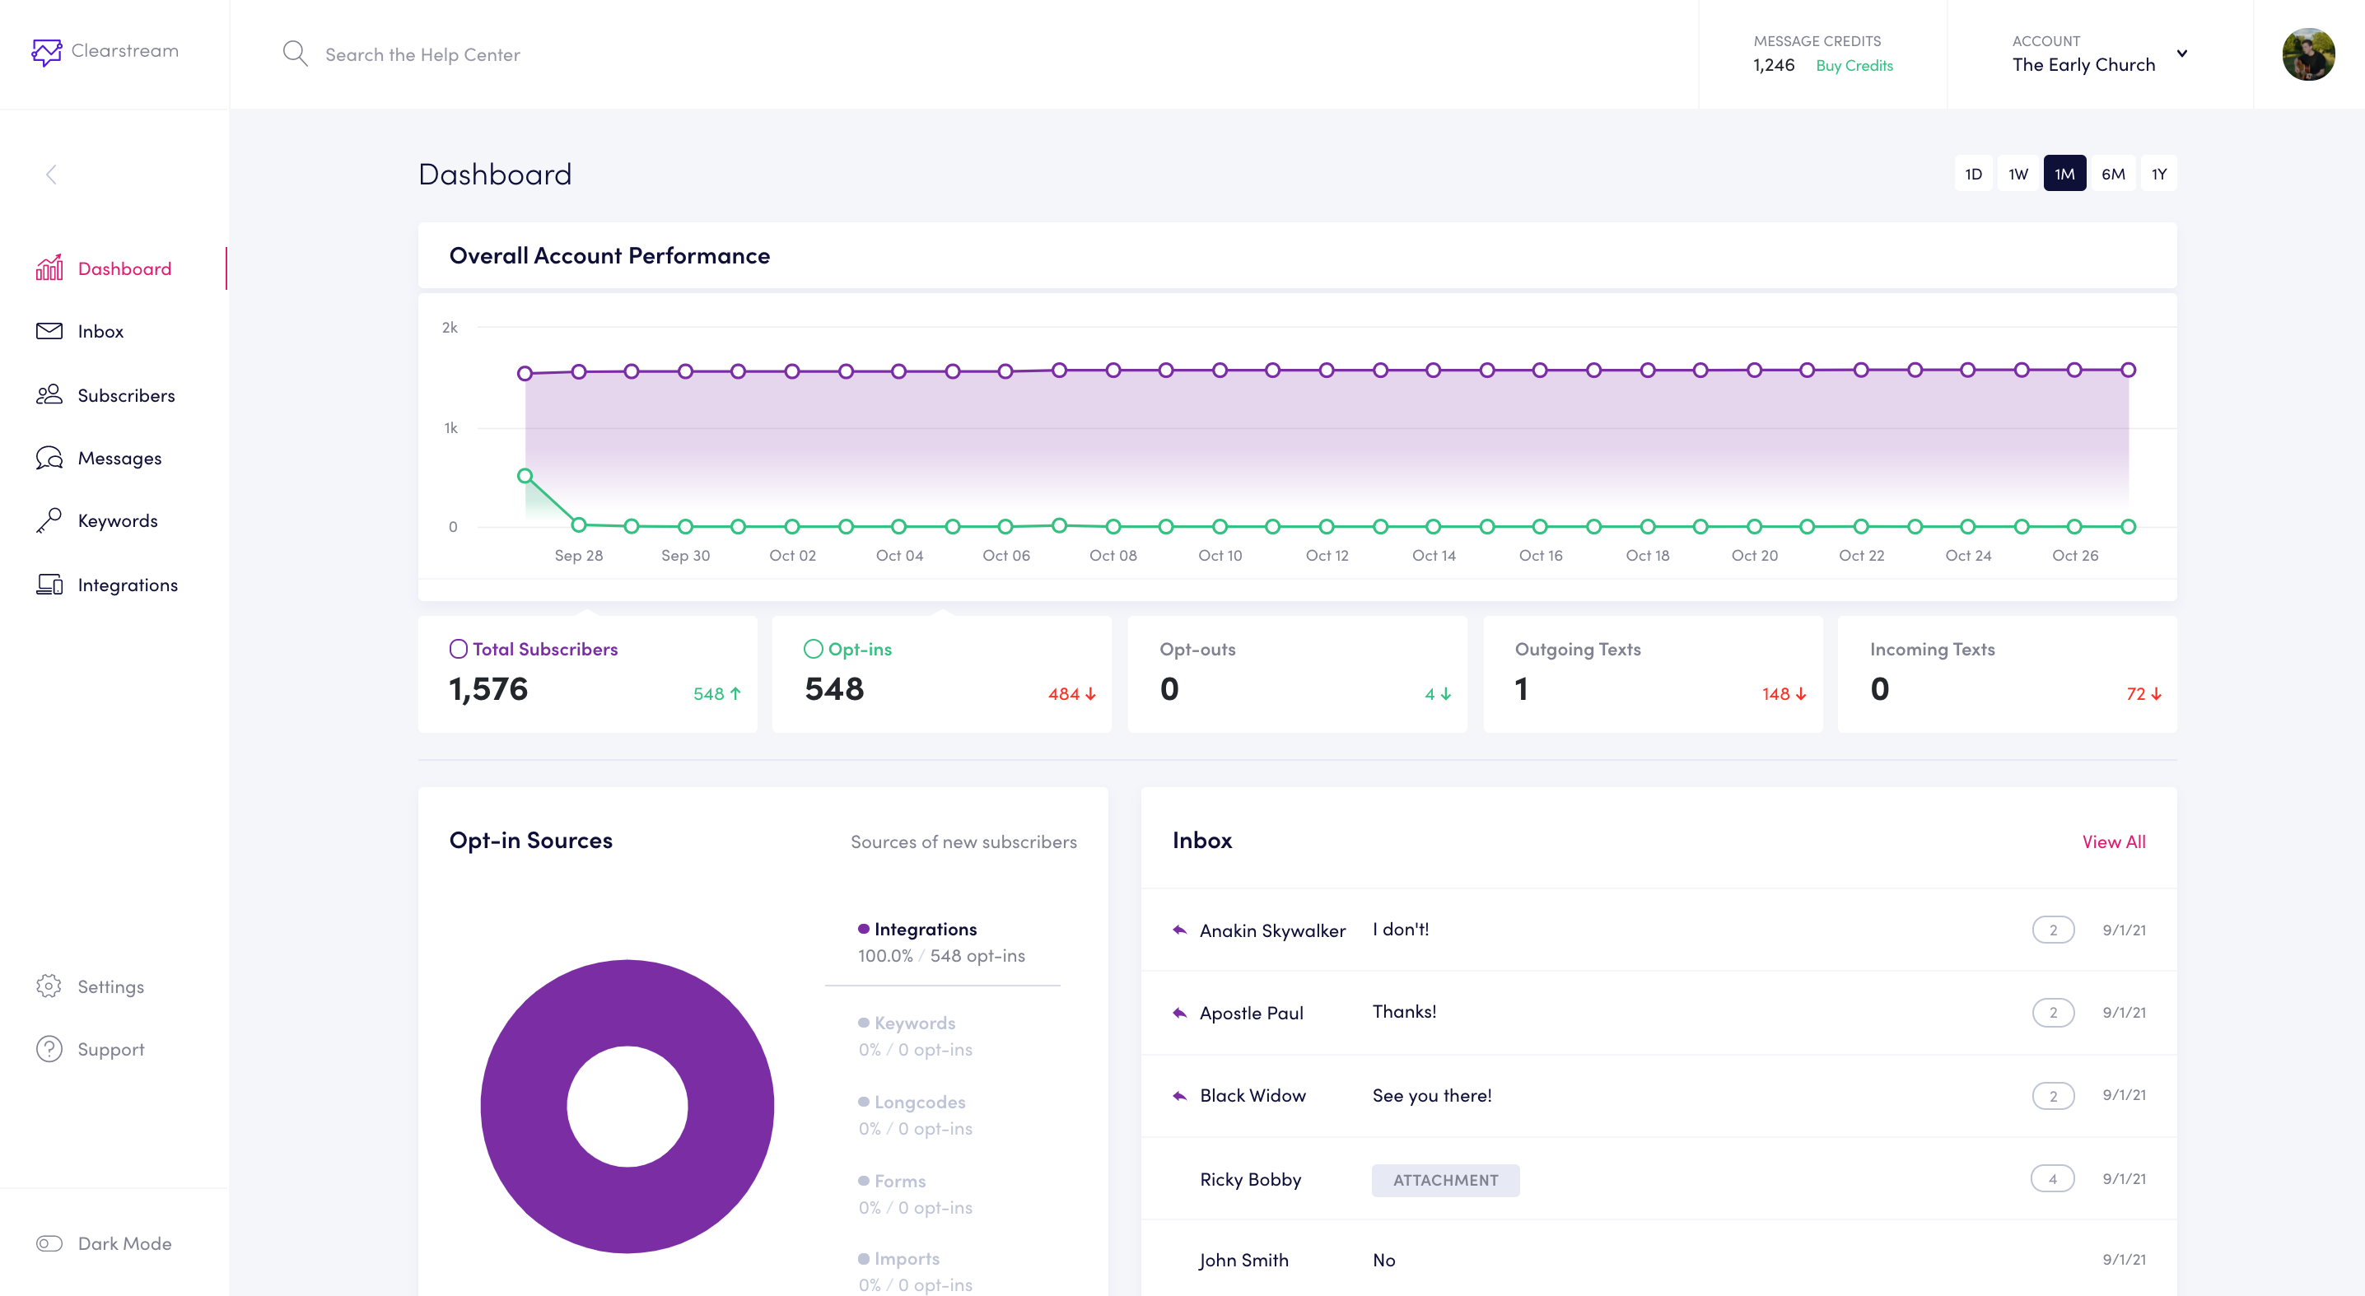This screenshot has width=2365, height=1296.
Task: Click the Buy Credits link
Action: pyautogui.click(x=1854, y=66)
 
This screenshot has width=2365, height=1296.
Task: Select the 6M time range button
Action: pyautogui.click(x=2112, y=175)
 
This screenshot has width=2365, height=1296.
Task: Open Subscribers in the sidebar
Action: pyautogui.click(x=126, y=395)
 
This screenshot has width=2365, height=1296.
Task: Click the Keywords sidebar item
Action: pyautogui.click(x=118, y=520)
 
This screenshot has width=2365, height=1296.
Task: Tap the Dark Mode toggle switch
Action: pyautogui.click(x=49, y=1243)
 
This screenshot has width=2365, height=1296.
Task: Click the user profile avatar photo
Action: pyautogui.click(x=2308, y=55)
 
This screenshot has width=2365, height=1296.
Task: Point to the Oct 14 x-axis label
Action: pyautogui.click(x=1433, y=555)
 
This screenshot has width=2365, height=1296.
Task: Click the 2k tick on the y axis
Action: pyautogui.click(x=450, y=328)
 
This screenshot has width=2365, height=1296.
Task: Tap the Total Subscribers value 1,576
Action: pyautogui.click(x=488, y=689)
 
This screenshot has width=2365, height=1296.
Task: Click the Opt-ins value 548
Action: pyautogui.click(x=833, y=689)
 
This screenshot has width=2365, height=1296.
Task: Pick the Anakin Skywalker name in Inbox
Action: pyautogui.click(x=1272, y=930)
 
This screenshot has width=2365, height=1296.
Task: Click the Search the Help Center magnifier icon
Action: pyautogui.click(x=295, y=54)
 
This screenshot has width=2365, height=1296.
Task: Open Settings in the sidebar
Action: pyautogui.click(x=110, y=986)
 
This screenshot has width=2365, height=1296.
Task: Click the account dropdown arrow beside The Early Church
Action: pyautogui.click(x=2182, y=54)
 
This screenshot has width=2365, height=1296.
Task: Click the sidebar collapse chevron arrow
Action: pyautogui.click(x=51, y=175)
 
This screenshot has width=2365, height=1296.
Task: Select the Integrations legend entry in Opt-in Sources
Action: pyautogui.click(x=925, y=929)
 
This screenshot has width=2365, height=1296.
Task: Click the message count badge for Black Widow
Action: pyautogui.click(x=2053, y=1096)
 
